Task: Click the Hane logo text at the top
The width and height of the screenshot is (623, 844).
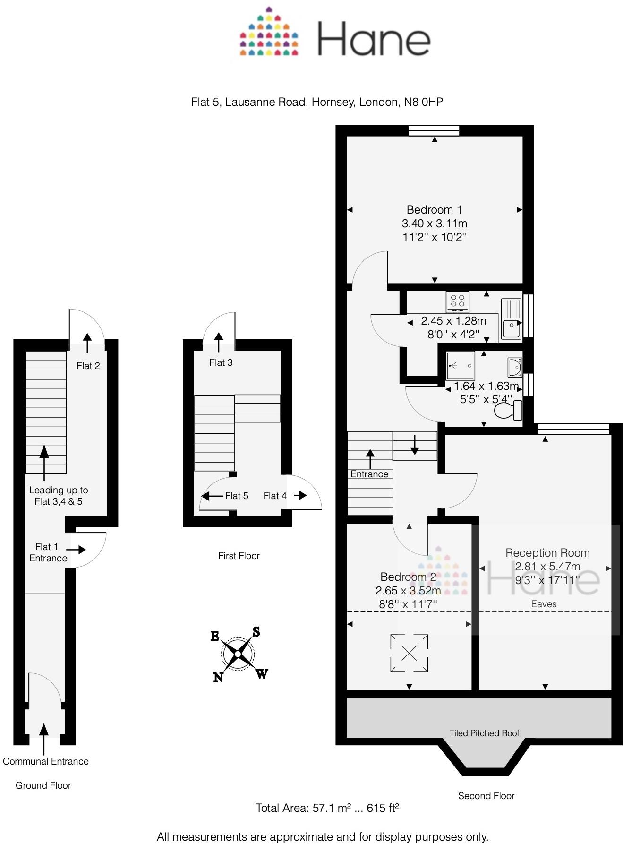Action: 373,39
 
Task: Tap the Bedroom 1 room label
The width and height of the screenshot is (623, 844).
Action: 434,210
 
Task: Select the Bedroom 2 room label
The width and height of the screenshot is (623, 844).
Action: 408,577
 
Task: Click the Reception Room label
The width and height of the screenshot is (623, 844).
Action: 547,553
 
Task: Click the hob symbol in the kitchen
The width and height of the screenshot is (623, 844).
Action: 457,301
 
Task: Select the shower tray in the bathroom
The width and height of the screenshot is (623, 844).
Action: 460,366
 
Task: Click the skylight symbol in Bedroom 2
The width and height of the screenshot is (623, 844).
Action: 409,653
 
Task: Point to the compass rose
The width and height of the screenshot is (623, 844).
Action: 238,654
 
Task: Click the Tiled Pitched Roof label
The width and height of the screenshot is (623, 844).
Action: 484,733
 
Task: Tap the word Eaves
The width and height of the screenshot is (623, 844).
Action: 544,604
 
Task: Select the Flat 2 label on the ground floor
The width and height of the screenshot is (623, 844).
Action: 88,366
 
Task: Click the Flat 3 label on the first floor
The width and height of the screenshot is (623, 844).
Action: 221,362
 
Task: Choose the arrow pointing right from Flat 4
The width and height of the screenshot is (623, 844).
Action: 300,495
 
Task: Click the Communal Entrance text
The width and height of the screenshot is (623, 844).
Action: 46,761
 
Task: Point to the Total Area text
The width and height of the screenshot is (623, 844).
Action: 327,808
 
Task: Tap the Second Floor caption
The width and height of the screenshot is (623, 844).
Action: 486,796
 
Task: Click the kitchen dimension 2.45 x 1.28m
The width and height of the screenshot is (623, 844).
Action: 453,321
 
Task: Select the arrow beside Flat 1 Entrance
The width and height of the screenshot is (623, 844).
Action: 76,550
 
